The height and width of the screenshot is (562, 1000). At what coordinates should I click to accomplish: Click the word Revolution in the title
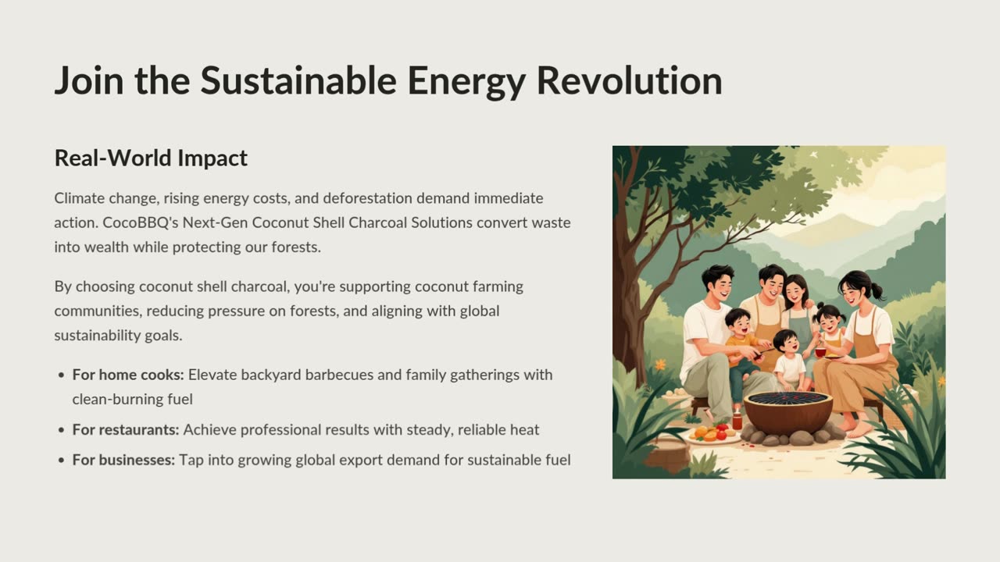[630, 80]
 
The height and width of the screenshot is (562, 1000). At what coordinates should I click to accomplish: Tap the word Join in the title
[89, 80]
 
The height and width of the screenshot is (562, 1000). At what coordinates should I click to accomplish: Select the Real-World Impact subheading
[151, 158]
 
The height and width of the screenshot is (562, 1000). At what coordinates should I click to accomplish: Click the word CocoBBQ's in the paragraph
[140, 222]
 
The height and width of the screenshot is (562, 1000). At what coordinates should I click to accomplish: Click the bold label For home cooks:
[128, 375]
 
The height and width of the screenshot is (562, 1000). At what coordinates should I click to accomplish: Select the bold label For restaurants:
[126, 429]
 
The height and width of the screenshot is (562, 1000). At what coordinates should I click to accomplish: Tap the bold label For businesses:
[123, 460]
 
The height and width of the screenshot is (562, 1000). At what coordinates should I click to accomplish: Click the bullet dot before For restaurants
[62, 430]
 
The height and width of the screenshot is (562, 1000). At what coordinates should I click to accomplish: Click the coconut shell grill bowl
[788, 413]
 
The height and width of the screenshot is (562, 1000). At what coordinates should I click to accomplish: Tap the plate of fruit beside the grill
[712, 433]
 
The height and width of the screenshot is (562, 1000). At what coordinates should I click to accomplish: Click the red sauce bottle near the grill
[737, 420]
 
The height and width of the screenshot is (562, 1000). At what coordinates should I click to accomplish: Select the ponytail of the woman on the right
[876, 291]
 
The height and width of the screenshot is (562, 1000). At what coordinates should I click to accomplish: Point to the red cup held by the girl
[820, 352]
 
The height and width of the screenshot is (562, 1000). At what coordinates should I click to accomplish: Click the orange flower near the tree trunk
[660, 365]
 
